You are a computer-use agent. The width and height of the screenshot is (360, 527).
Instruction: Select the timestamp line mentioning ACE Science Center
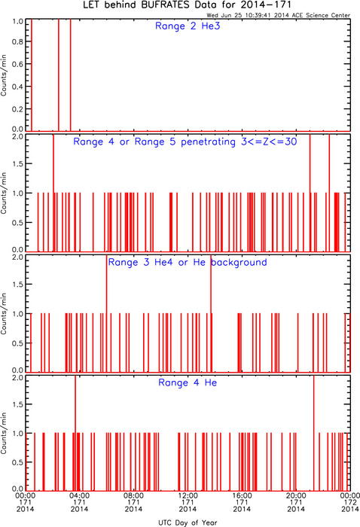point(279,15)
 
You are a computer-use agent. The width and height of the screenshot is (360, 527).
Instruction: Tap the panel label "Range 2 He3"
point(188,26)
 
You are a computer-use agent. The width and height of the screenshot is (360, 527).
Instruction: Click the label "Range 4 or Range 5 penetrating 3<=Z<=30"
point(185,142)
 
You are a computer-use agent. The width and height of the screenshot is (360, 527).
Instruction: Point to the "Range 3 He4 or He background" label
point(188,262)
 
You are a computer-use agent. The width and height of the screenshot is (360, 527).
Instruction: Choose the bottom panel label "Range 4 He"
point(188,382)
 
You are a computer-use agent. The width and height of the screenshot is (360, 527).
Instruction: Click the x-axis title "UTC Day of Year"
point(188,522)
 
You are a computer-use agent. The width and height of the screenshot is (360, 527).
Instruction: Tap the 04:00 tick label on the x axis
point(79,495)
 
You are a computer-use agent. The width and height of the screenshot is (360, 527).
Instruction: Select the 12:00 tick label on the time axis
point(188,495)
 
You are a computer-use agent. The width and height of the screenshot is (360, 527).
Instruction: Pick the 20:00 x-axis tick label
point(296,495)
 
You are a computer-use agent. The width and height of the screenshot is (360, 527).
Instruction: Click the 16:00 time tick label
point(242,495)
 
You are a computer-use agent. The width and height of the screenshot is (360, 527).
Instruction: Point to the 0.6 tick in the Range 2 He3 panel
point(18,64)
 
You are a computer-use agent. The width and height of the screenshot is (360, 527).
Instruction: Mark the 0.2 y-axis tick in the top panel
point(18,109)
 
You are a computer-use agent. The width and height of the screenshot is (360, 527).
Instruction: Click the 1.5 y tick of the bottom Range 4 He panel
point(18,404)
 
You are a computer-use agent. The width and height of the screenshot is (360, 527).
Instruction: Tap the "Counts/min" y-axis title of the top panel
point(4,75)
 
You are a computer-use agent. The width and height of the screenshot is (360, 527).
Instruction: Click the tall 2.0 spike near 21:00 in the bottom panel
point(313,433)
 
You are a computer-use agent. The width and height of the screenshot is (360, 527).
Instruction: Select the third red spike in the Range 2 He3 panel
point(70,75)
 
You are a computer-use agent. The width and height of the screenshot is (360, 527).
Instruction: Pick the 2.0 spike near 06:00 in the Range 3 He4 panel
point(106,313)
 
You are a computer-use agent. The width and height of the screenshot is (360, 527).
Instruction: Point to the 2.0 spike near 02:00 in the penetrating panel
point(53,193)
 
